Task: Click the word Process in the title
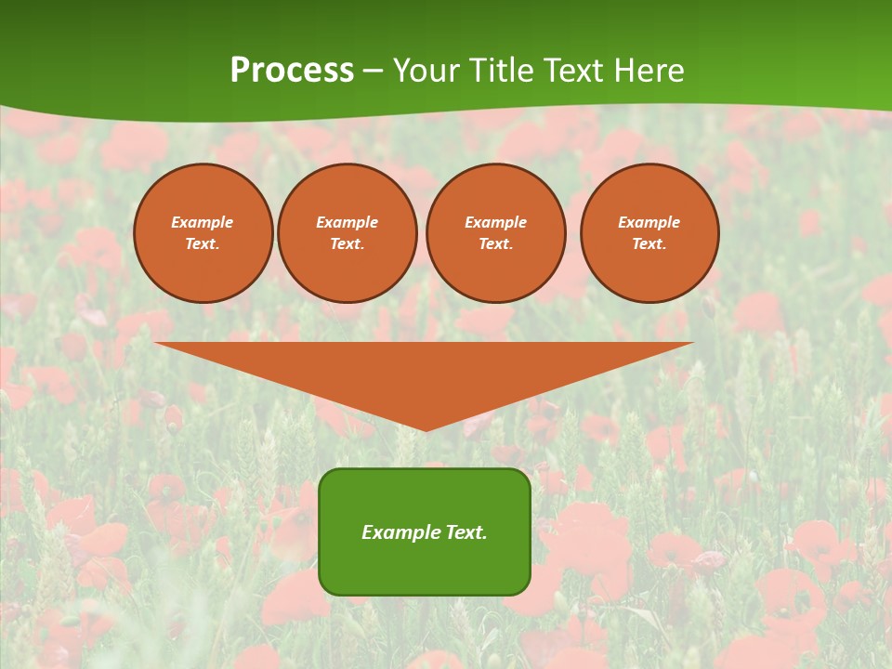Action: coord(292,71)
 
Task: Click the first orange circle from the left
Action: coord(203,233)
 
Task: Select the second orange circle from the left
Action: coord(348,233)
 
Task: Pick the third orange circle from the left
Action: coord(496,233)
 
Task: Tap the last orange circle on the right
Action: coord(649,233)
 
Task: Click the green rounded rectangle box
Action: coord(425,557)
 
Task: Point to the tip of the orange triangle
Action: coord(426,429)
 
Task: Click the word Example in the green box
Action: coord(400,532)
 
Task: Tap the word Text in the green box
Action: coord(465,532)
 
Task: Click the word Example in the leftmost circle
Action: coord(203,222)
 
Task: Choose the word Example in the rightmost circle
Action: coord(649,222)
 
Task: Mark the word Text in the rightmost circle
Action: coord(648,243)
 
